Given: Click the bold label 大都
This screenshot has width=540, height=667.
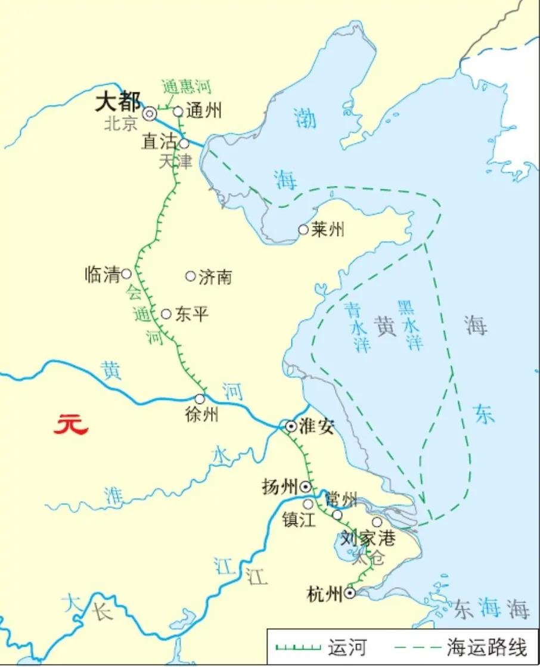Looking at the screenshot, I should pyautogui.click(x=117, y=103).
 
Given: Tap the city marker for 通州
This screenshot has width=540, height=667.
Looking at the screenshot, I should pyautogui.click(x=178, y=111).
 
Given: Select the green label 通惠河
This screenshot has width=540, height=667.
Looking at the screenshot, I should pyautogui.click(x=186, y=87).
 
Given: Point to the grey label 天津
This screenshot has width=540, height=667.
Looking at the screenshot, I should pyautogui.click(x=176, y=161).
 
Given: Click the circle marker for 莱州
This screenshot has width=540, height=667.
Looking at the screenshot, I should pyautogui.click(x=303, y=229).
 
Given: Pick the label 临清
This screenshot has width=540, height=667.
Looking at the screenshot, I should pyautogui.click(x=103, y=275).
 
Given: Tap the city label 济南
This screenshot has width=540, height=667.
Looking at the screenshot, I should pyautogui.click(x=215, y=277).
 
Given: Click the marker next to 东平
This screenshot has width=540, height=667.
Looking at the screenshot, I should pyautogui.click(x=166, y=314).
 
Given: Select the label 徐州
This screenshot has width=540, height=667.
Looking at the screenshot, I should pyautogui.click(x=202, y=414).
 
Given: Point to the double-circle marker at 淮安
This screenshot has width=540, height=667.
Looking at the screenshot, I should pyautogui.click(x=291, y=426).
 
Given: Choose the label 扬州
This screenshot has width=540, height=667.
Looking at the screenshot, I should pyautogui.click(x=280, y=487).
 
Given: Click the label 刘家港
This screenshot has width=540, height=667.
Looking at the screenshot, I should pyautogui.click(x=368, y=539).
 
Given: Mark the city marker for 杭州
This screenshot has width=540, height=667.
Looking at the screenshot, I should pyautogui.click(x=350, y=593).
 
